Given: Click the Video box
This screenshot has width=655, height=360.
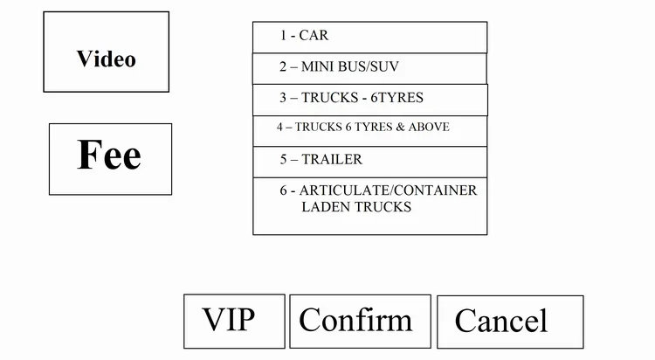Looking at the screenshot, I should [x=106, y=52].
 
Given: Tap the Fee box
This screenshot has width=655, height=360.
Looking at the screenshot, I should [x=110, y=158].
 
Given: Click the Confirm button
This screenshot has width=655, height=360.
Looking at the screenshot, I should [x=360, y=321].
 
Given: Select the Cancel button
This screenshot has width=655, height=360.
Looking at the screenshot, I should [x=509, y=322].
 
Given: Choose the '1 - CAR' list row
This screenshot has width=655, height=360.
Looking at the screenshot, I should [x=369, y=37].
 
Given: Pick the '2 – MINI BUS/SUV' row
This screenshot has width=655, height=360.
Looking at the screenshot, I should [x=369, y=67].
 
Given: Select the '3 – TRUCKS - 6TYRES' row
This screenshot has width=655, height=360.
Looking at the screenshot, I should [x=369, y=99].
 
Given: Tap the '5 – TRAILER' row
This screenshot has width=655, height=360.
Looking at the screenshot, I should [x=369, y=161].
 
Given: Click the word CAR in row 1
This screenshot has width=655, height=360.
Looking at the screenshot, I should [x=314, y=36].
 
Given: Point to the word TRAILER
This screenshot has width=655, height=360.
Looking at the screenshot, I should [x=332, y=160].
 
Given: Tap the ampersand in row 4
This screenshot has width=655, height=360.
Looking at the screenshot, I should [x=401, y=128].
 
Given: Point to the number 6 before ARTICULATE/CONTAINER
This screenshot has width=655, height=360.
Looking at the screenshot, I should [x=284, y=190].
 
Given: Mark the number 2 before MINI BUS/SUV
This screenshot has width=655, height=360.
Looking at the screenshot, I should [x=284, y=66].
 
